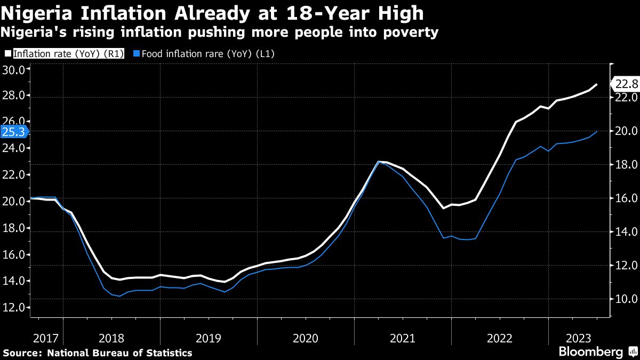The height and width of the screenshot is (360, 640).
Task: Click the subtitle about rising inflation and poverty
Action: click(219, 33)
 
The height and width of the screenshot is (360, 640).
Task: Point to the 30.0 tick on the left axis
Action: click(14, 69)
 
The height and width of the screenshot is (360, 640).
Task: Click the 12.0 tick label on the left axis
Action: click(14, 308)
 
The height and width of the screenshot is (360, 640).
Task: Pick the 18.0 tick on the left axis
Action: click(14, 228)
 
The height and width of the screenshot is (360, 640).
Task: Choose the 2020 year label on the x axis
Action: click(306, 338)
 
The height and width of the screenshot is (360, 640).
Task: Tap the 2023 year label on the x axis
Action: click(578, 338)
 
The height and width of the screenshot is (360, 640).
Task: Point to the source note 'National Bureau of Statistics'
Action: click(119, 353)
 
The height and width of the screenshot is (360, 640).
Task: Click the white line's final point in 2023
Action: click(596, 84)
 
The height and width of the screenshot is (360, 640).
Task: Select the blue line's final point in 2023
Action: click(596, 131)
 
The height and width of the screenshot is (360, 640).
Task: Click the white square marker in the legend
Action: click(7, 53)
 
